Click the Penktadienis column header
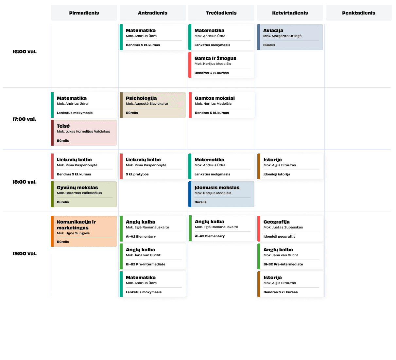[358, 13]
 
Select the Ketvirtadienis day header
[290, 13]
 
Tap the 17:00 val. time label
[24, 119]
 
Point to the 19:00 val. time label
[25, 254]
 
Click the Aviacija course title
[273, 30]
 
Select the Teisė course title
[63, 126]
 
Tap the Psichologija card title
[141, 98]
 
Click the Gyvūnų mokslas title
[77, 188]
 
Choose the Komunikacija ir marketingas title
[76, 225]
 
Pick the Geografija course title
[277, 222]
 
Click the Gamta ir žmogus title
[215, 58]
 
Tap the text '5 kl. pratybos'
[137, 174]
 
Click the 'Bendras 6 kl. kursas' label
[212, 73]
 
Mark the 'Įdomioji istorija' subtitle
[277, 174]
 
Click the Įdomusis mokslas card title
[217, 188]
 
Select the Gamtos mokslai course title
[215, 98]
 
